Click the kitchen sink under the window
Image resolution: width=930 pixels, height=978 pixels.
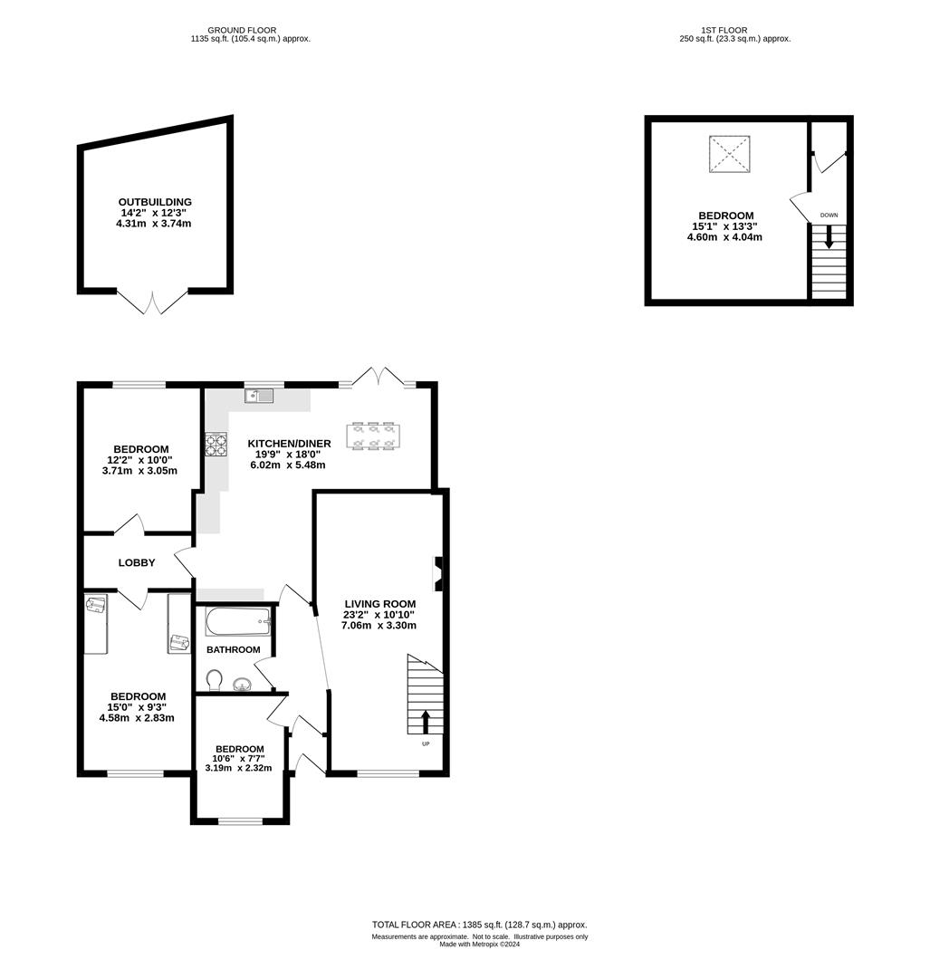coord(259,396)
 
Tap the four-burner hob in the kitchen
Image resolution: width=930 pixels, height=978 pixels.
coord(216,444)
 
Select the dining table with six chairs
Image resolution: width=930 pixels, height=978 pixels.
coord(374,436)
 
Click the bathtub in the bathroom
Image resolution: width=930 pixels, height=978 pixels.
coord(238,621)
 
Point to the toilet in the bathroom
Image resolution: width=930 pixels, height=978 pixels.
coord(214,680)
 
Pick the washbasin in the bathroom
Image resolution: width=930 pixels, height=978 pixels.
coord(242,685)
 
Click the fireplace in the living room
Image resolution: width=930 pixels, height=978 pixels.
coord(438,573)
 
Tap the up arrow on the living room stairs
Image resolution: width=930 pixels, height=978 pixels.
coord(426,722)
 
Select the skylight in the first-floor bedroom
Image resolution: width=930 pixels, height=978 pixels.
coord(729,153)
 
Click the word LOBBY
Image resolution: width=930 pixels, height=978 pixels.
coord(137,562)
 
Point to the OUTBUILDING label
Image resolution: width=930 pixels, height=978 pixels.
coord(155,202)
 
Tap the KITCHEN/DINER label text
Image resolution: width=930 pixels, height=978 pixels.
coord(290,444)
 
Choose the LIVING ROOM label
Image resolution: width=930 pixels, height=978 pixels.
coord(379,604)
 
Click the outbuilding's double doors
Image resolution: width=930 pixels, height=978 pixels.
coord(152,302)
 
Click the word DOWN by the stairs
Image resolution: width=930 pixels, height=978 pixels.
coord(829,216)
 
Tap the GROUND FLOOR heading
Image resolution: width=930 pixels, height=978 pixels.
coord(242,30)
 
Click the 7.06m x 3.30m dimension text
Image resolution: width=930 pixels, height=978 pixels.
coord(379,625)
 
